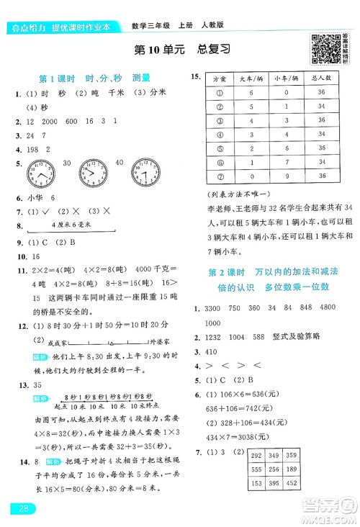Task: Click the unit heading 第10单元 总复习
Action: point(181,50)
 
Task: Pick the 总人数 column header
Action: point(323,78)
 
